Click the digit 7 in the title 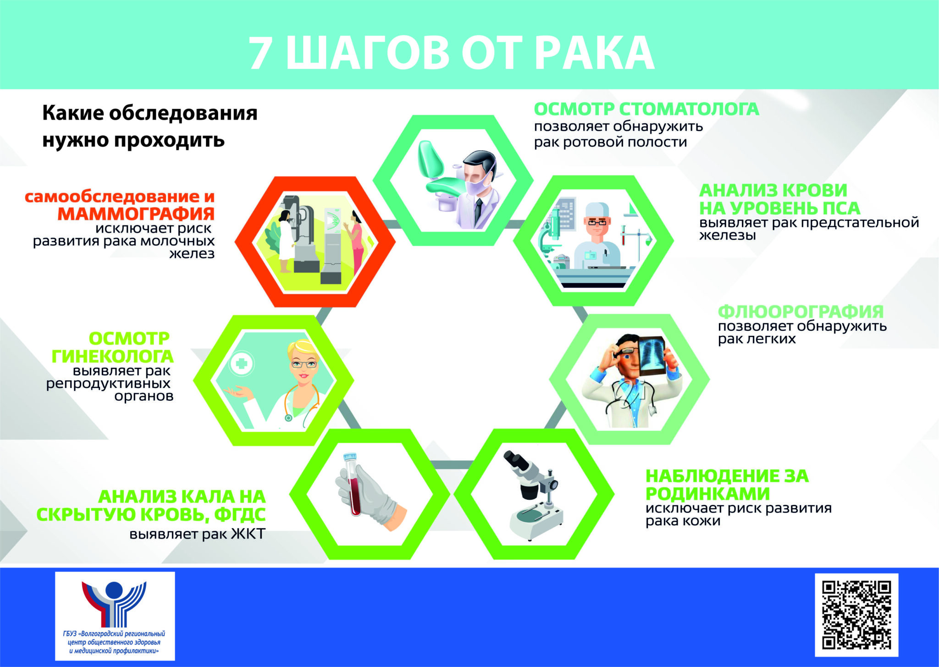tap(260, 53)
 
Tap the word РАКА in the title tap(595, 53)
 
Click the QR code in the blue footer tap(856, 615)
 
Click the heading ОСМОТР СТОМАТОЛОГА tap(646, 109)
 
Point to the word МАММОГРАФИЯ tap(136, 214)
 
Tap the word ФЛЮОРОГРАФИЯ tap(801, 312)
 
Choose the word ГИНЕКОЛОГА tap(112, 356)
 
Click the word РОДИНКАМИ tap(708, 494)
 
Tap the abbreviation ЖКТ tap(248, 534)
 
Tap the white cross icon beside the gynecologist tap(241, 365)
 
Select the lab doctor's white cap tap(597, 210)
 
